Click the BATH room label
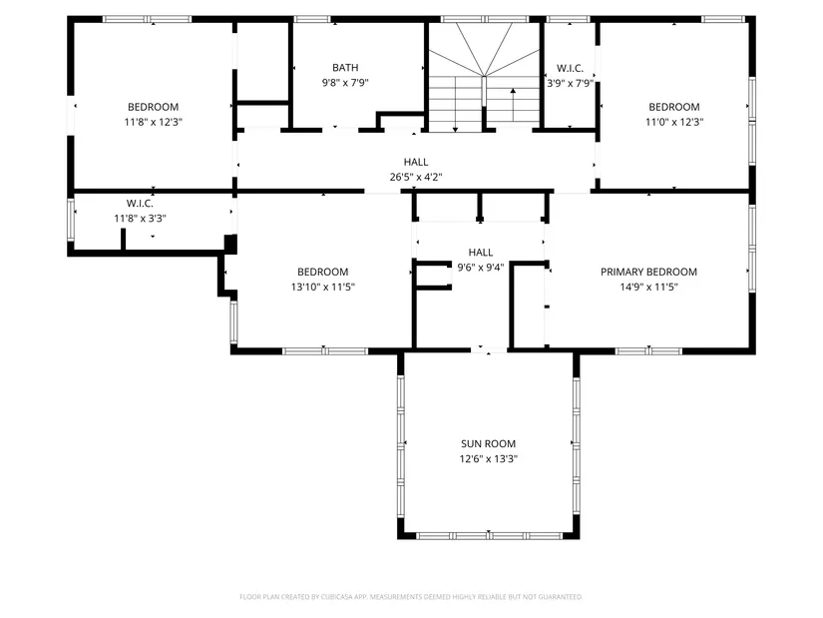point(345,68)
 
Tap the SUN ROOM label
point(488,443)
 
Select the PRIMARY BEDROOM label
point(648,272)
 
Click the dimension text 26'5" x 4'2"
point(416,177)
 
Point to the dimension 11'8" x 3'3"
point(140,218)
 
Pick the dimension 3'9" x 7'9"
point(570,83)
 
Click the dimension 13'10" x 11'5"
point(323,287)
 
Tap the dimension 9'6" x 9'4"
point(480,268)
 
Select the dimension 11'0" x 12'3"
point(674,122)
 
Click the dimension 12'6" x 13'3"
point(488,459)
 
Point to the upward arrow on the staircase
point(513,105)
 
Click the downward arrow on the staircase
point(456,104)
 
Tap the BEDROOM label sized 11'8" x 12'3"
point(154,107)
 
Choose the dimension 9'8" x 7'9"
point(345,83)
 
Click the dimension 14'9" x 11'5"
point(648,287)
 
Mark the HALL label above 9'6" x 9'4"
point(481,253)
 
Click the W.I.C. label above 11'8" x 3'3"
point(140,204)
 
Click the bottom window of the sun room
point(489,536)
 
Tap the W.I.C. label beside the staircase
point(570,68)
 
